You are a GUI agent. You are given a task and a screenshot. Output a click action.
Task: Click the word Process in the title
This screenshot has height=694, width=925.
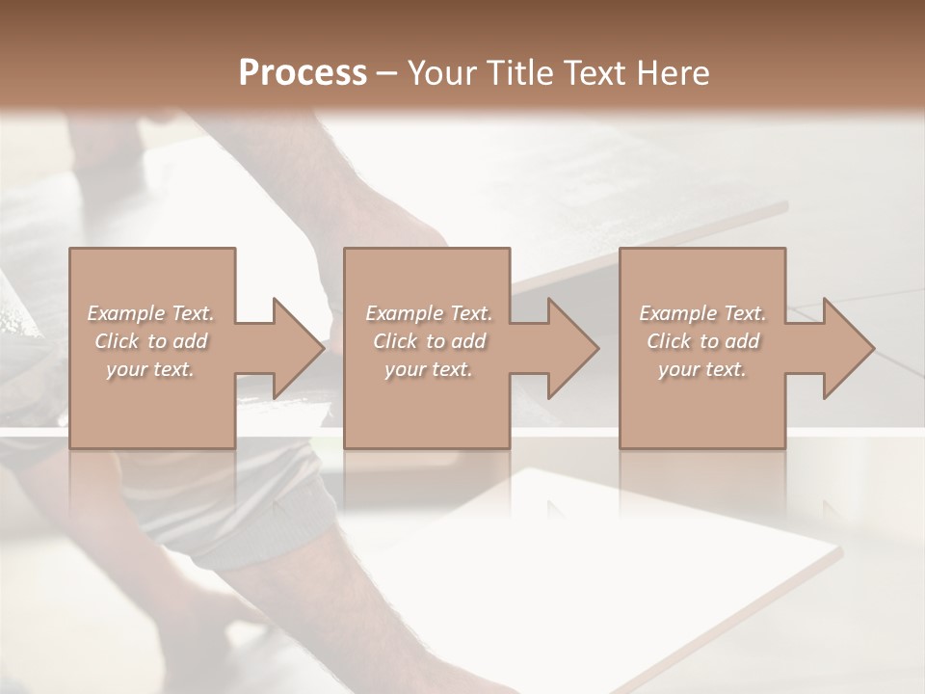pos(303,73)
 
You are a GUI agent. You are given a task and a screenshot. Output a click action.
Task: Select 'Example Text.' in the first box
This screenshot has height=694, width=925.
pos(150,313)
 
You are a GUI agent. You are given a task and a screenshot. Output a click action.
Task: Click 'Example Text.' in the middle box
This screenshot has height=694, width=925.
pos(429,313)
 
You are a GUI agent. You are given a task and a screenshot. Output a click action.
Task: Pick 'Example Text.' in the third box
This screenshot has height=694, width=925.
pos(702,313)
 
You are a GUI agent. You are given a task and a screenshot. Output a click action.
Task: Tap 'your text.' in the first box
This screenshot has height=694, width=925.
pos(150,369)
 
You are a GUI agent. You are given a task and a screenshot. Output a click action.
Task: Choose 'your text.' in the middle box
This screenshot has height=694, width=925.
pos(429,369)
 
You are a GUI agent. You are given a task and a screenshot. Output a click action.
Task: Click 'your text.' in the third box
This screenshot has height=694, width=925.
pos(702,369)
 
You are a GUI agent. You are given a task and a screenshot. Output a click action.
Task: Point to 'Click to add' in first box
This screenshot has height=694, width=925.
pos(150,341)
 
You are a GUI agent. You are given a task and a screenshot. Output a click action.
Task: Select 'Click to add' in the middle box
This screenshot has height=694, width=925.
pos(429,341)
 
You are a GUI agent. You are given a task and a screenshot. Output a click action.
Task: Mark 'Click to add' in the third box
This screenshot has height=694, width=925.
pos(702,341)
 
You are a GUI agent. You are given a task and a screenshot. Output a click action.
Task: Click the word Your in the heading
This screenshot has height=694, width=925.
pos(443,73)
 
